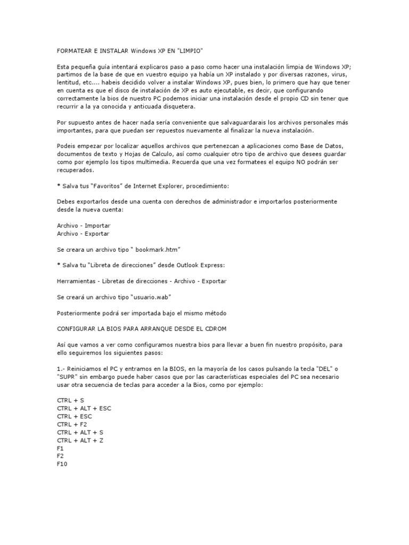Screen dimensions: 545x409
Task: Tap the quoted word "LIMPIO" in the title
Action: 189,50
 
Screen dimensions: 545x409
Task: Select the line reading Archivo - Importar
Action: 83,226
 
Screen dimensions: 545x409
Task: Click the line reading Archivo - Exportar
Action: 83,233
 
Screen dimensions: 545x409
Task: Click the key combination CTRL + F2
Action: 71,424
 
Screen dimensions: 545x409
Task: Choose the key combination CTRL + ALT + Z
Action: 80,440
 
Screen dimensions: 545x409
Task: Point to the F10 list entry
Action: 62,464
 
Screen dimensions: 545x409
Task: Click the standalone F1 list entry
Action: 60,448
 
